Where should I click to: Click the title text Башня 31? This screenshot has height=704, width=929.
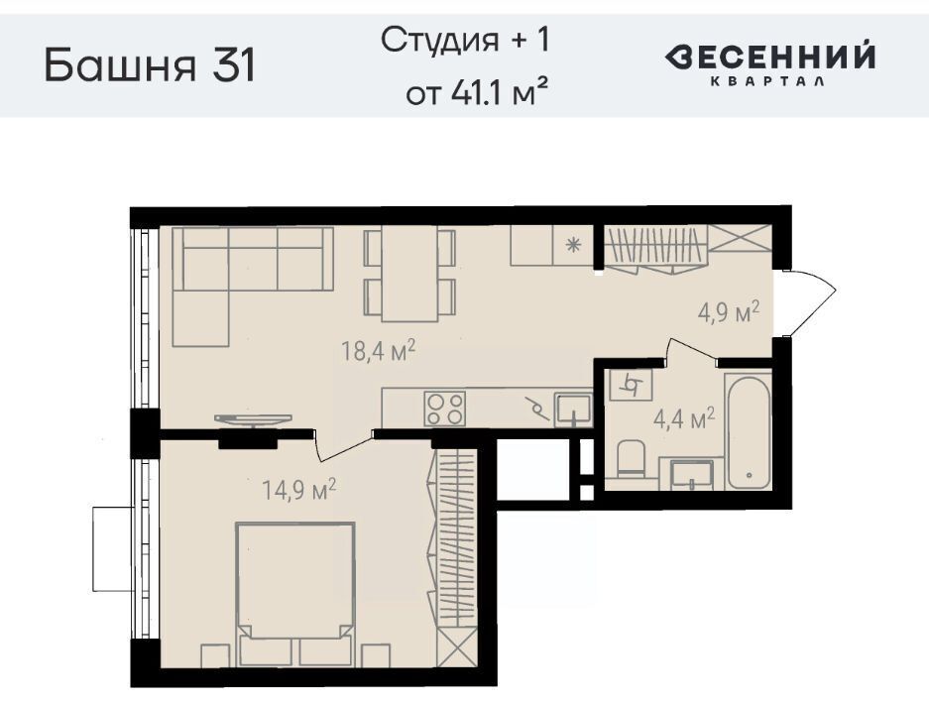point(150,65)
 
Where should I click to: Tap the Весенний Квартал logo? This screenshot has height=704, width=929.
point(769,63)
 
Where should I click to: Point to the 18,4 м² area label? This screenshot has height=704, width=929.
point(378,350)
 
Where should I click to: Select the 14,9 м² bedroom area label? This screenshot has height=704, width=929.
point(299,490)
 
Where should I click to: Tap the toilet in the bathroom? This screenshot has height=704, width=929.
point(631,460)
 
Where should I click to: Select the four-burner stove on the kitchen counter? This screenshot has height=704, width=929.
point(444,409)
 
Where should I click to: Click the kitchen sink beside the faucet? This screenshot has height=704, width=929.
point(572,411)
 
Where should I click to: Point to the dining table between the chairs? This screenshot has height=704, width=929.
point(409,274)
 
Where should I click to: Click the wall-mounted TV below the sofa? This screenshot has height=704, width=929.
point(253,419)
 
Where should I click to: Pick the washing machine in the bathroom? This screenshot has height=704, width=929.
point(631,385)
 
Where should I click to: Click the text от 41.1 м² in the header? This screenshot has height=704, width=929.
point(476,92)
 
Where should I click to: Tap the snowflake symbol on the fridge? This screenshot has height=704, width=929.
point(573,245)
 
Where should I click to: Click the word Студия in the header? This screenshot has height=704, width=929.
point(439,42)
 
